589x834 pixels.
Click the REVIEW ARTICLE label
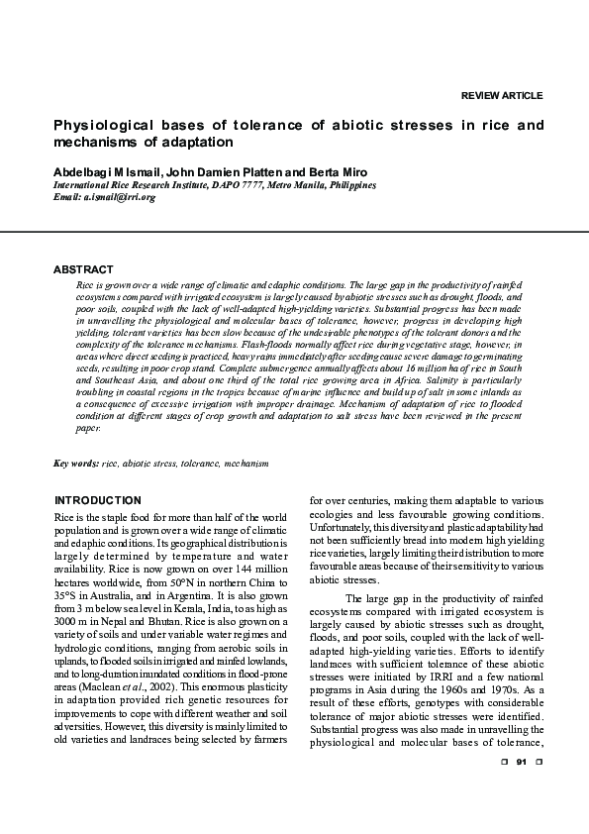[x=502, y=95]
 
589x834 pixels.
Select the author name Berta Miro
[x=342, y=172]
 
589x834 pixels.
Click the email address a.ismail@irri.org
[x=120, y=197]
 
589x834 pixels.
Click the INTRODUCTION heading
[x=97, y=500]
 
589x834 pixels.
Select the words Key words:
[x=75, y=464]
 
